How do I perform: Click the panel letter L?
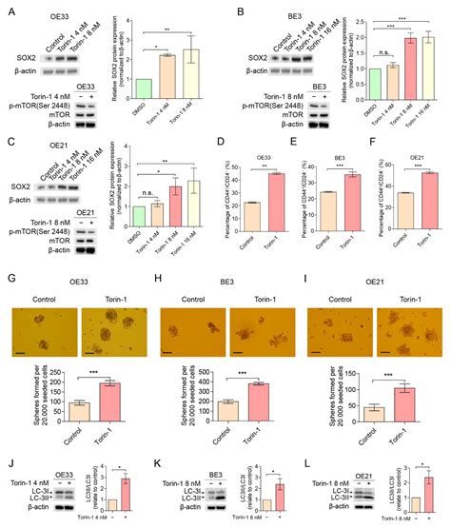pos(310,463)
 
